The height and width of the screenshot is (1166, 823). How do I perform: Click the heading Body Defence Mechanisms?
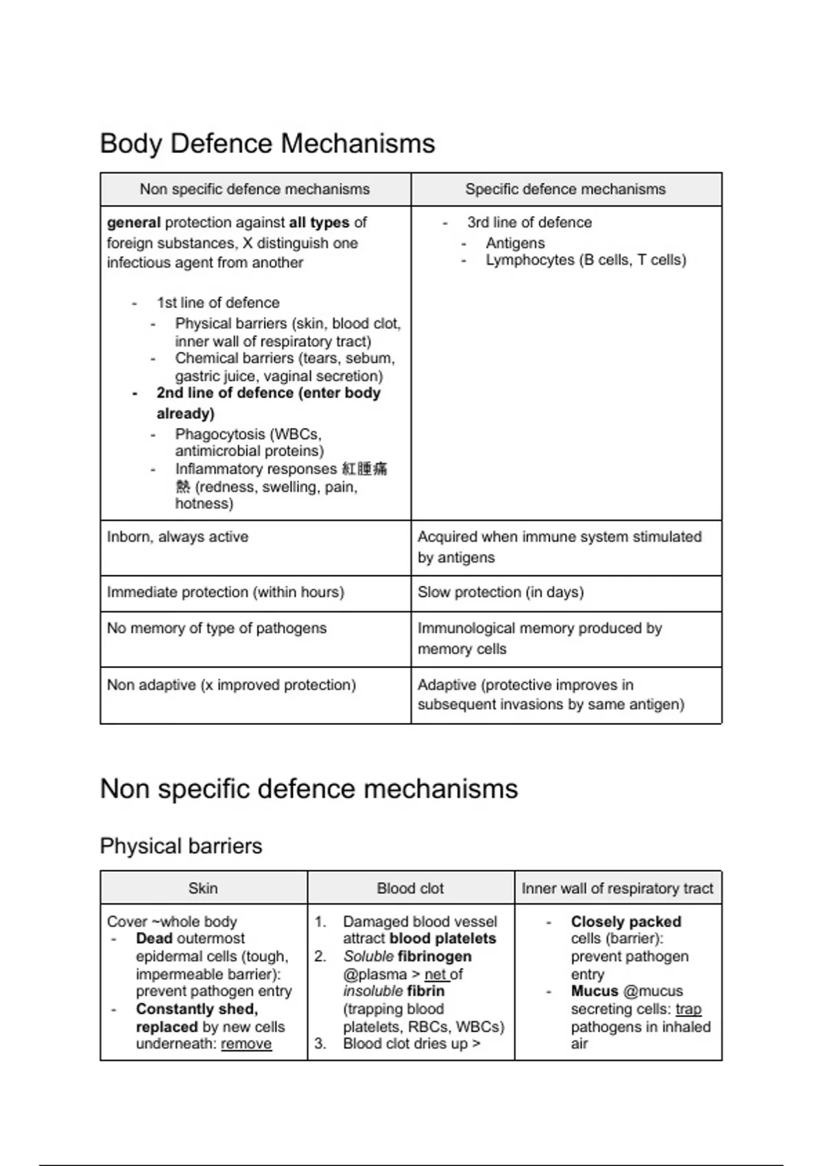[x=267, y=143]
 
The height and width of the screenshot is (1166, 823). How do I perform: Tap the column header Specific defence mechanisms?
[x=565, y=189]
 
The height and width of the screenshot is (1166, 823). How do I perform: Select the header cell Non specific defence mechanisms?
[x=254, y=189]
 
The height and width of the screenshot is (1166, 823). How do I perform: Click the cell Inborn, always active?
[x=178, y=537]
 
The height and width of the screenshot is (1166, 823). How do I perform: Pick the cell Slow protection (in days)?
[x=500, y=592]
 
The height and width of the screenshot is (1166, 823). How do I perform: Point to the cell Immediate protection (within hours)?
[x=225, y=592]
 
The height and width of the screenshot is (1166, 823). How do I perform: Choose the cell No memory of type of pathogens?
[x=216, y=628]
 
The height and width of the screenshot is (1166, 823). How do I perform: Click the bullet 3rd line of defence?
[x=529, y=223]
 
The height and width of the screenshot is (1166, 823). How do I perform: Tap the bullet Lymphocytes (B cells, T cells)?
[x=585, y=260]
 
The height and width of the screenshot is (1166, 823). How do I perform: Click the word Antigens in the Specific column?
[x=514, y=243]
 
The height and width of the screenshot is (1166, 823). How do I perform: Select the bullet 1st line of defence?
[x=217, y=302]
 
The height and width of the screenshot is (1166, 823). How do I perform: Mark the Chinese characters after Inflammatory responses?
[x=364, y=469]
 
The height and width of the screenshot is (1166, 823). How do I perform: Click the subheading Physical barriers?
[x=180, y=846]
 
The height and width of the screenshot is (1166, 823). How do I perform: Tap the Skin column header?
[x=203, y=888]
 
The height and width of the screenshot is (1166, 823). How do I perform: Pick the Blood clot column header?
[x=410, y=888]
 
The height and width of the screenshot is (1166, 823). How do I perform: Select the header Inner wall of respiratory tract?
[x=617, y=888]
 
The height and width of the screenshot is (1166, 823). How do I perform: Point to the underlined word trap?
[x=688, y=1009]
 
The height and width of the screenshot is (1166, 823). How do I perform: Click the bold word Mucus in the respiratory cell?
[x=594, y=991]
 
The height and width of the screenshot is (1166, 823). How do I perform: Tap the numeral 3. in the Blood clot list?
[x=320, y=1044]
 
